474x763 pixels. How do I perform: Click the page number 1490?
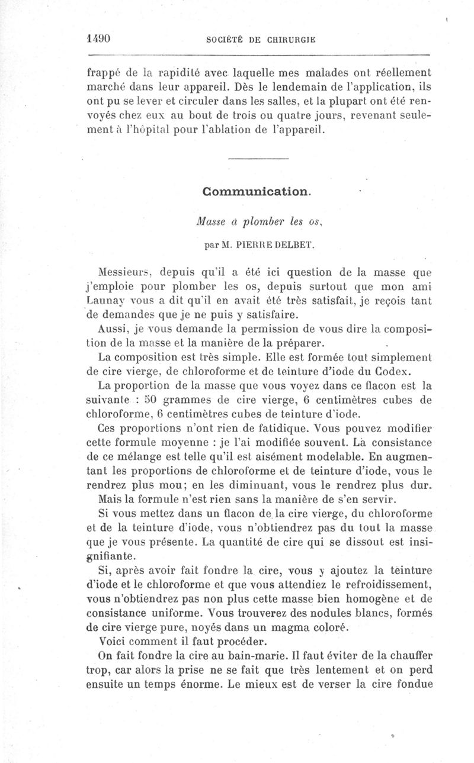coord(99,38)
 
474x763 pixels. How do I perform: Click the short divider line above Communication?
coord(258,159)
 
